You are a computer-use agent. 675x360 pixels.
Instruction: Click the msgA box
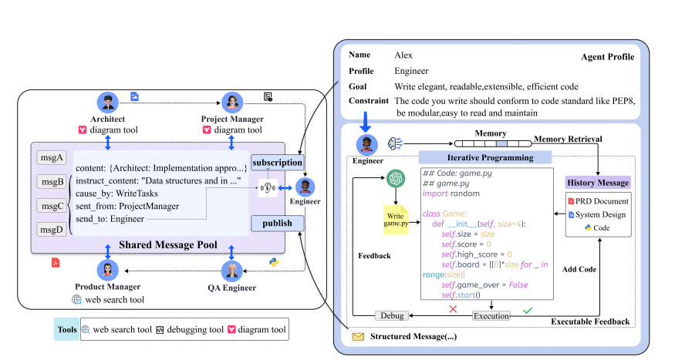[51, 158]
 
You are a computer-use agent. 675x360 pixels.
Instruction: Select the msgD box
[51, 230]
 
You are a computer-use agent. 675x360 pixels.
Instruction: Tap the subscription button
[277, 163]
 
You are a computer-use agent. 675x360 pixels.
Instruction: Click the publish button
[277, 224]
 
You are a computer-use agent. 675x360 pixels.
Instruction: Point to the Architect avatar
[108, 103]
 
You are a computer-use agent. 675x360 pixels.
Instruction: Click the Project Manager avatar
[232, 103]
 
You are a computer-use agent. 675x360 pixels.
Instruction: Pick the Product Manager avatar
[108, 271]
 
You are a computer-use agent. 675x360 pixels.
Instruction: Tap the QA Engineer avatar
[231, 271]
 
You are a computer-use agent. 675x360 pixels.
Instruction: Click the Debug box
[392, 316]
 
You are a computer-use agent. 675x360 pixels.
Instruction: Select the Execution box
[491, 316]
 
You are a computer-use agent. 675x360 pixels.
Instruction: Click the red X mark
[453, 309]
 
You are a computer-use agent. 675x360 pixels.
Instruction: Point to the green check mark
[528, 310]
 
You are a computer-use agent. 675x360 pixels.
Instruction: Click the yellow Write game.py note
[396, 220]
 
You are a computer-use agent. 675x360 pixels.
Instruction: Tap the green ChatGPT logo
[396, 178]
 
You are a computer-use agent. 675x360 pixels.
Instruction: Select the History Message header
[598, 183]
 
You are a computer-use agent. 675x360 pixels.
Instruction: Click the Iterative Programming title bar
[485, 157]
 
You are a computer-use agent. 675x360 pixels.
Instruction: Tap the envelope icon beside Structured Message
[358, 337]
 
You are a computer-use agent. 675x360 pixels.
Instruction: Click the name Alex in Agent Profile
[403, 55]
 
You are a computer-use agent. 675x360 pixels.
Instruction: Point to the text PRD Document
[602, 201]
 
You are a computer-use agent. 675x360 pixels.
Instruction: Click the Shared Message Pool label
[168, 244]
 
